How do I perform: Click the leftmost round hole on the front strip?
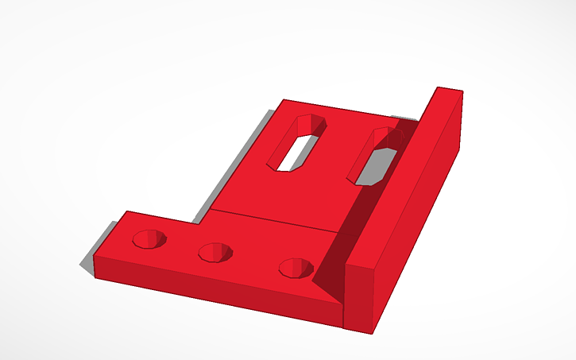(149, 238)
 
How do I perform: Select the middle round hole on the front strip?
(215, 253)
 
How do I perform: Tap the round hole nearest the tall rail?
(296, 268)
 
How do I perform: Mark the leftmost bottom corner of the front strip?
(95, 277)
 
